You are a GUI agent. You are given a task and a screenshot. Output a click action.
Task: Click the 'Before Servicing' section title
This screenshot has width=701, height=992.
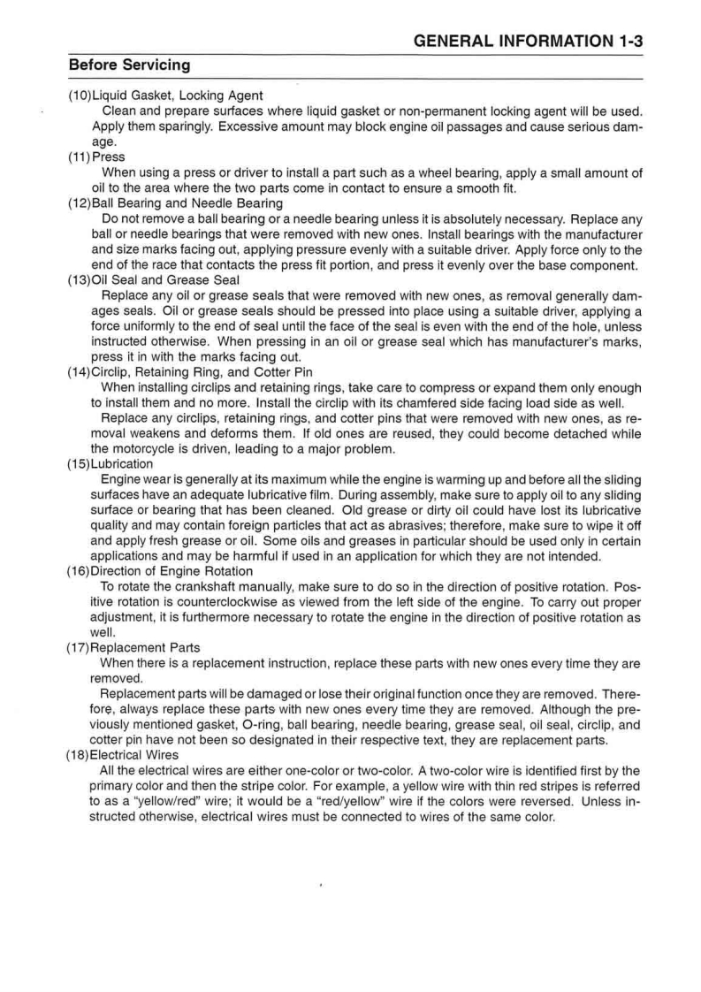[129, 65]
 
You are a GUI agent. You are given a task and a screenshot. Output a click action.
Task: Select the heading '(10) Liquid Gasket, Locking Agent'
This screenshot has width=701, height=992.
[165, 95]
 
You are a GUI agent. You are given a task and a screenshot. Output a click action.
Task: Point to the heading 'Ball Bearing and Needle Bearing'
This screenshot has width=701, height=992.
[187, 203]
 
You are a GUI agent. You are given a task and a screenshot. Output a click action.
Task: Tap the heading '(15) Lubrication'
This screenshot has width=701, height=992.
[110, 464]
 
